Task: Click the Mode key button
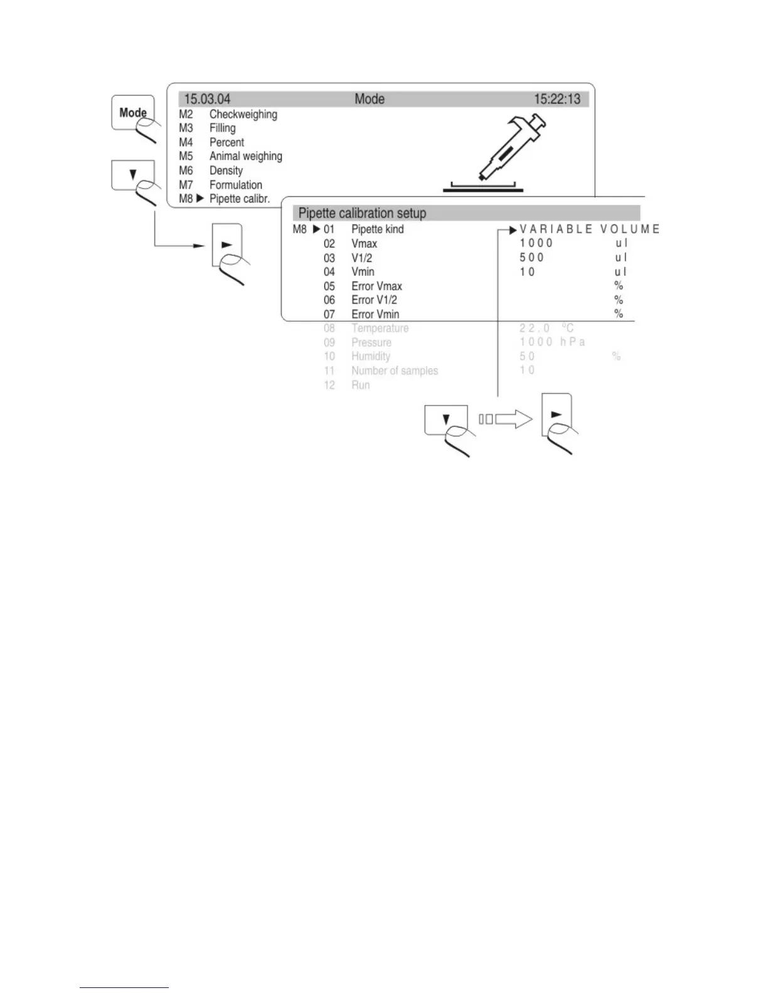coord(132,113)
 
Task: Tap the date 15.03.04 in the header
coord(207,99)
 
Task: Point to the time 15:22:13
coord(557,99)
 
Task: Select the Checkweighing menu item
coord(243,114)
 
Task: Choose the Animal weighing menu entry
coord(245,156)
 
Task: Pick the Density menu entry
coord(226,171)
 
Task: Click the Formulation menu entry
coord(235,185)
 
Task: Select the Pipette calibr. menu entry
coord(239,199)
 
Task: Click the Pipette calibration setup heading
coord(362,213)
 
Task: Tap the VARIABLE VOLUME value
coord(589,229)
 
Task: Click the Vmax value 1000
coord(536,243)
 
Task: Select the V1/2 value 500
coord(531,258)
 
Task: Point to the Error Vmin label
coord(375,314)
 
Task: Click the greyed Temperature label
coord(380,328)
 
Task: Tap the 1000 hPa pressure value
coord(552,342)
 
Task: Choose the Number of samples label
coord(394,370)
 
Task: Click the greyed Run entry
coord(360,385)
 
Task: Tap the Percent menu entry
coord(227,142)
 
